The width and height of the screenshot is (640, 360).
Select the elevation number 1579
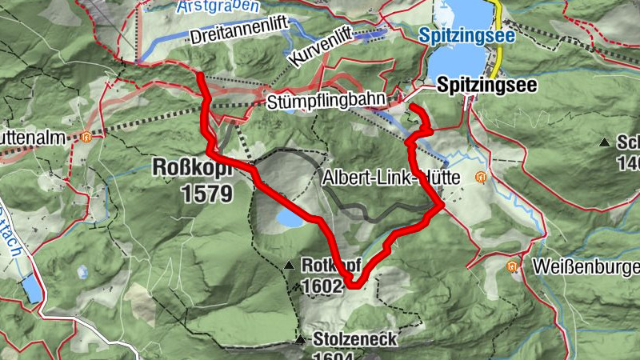(206, 193)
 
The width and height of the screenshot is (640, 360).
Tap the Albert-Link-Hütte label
(391, 179)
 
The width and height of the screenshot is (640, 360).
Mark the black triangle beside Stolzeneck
(300, 341)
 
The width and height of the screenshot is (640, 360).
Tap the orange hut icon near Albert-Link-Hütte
(481, 177)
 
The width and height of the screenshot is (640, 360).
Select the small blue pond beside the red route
(289, 218)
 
